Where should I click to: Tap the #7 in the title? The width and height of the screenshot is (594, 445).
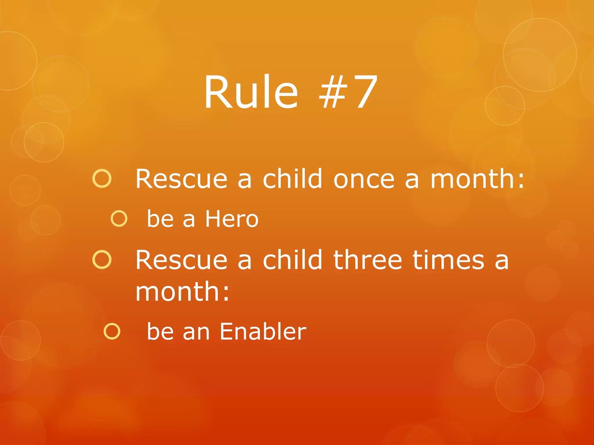(x=348, y=92)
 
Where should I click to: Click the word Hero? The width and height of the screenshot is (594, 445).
(x=231, y=219)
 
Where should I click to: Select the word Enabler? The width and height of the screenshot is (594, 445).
(x=262, y=331)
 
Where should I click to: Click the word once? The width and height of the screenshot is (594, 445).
(x=364, y=179)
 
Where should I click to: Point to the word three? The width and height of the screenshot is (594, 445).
(x=367, y=260)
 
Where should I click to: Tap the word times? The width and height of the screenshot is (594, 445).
(x=448, y=260)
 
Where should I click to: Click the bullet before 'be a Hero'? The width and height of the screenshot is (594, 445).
(x=119, y=218)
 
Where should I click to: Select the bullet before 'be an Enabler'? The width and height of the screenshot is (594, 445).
(x=112, y=331)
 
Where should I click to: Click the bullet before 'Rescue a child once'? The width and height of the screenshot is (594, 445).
(x=102, y=179)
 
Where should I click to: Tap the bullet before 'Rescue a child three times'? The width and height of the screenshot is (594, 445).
(x=102, y=260)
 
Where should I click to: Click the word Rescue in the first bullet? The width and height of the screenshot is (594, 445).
(x=181, y=179)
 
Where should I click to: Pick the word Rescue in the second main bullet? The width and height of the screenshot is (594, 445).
(x=181, y=260)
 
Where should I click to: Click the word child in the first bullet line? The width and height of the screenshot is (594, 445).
(x=292, y=179)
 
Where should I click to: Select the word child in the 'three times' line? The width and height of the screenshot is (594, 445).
(x=292, y=260)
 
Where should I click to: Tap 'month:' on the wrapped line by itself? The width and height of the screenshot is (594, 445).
(x=182, y=291)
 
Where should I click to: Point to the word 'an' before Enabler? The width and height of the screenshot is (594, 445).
(x=196, y=332)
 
